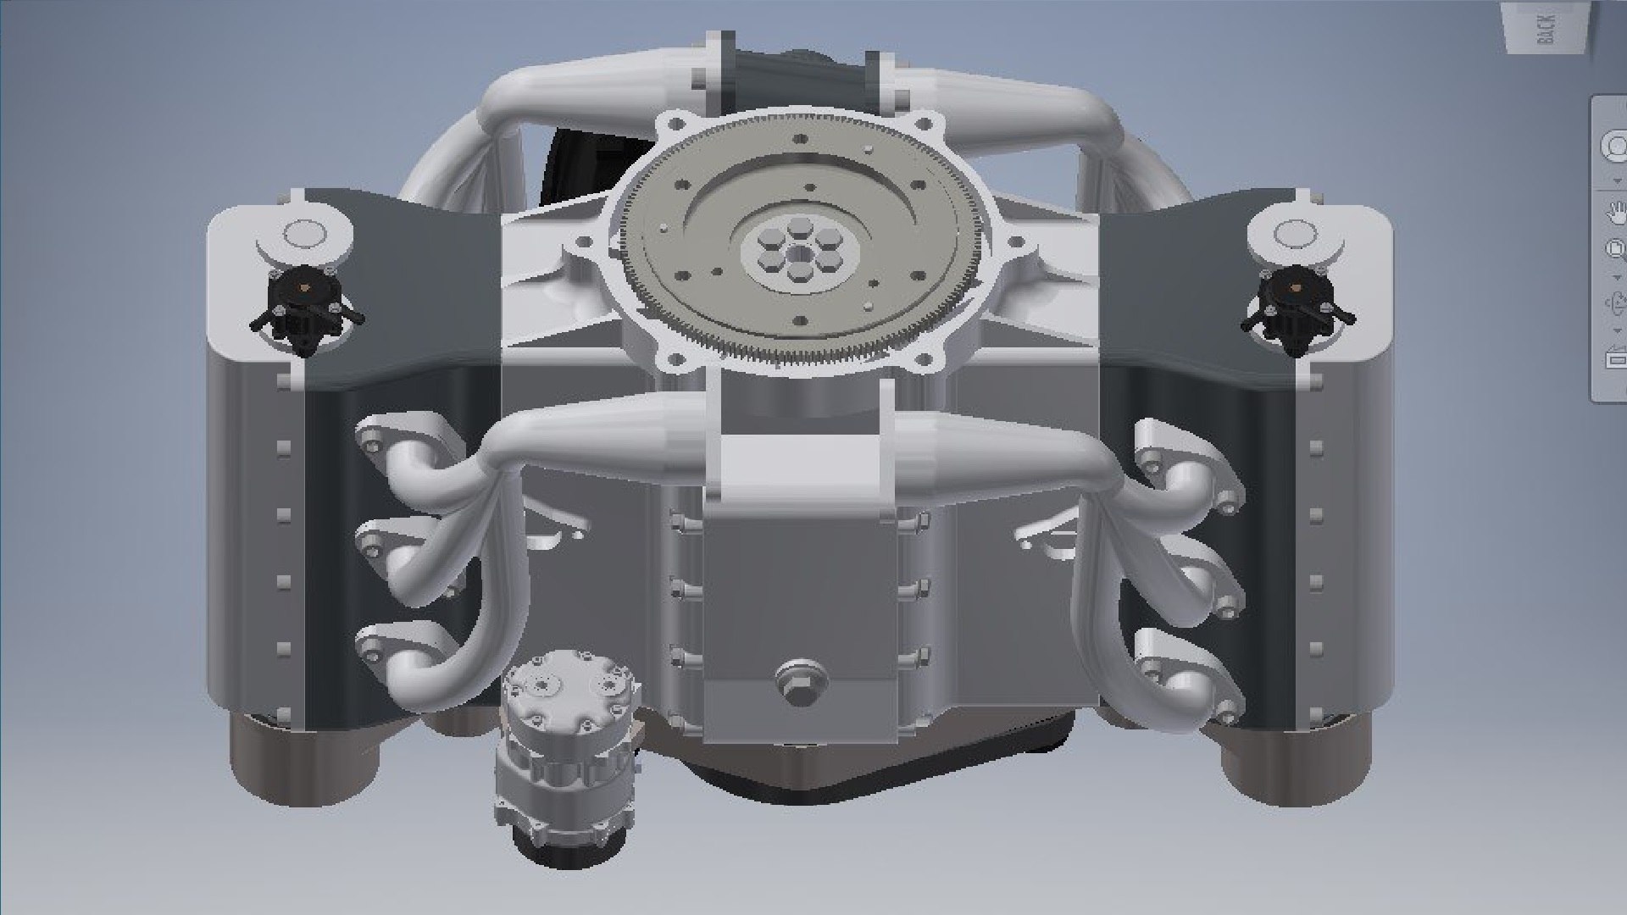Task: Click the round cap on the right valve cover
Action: pyautogui.click(x=1293, y=233)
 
